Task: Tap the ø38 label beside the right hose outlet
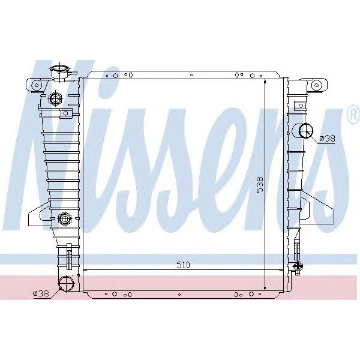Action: point(327,138)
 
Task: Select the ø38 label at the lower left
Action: point(40,293)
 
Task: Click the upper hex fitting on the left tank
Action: point(56,98)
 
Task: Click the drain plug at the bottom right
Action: point(298,267)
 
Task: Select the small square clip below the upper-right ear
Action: point(298,104)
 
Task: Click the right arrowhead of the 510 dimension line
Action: point(280,271)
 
